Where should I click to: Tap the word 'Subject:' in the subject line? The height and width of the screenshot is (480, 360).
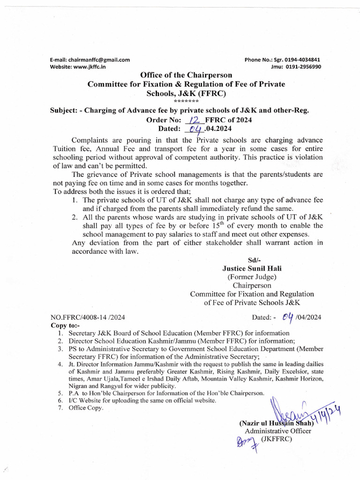65,111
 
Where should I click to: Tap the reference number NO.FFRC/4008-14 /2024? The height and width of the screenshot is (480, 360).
88,317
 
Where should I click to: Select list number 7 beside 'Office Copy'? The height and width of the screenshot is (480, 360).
60,408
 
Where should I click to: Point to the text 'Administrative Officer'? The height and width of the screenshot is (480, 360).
277,431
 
